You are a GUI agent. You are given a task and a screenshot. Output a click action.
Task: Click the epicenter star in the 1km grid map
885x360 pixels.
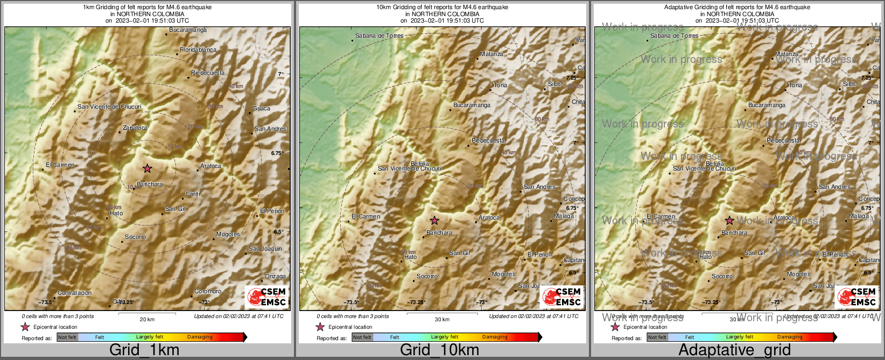pos(147,168)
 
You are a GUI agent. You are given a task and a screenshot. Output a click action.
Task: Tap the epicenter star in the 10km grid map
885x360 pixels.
pos(434,221)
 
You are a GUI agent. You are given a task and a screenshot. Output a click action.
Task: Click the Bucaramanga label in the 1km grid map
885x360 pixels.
pos(187,30)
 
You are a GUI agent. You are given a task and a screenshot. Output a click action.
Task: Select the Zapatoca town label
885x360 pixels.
pos(135,128)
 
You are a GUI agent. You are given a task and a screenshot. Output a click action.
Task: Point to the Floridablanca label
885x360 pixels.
pos(198,50)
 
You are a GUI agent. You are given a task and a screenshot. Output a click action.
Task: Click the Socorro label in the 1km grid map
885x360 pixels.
pos(135,237)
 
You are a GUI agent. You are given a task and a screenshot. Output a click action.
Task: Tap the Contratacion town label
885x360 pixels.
pos(74,293)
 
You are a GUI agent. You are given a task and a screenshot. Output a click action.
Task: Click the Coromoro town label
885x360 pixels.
pos(208,291)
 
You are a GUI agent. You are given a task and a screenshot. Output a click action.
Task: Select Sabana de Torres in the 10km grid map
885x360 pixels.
pos(379,36)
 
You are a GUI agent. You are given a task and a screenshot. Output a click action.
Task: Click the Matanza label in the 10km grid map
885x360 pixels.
pos(491,54)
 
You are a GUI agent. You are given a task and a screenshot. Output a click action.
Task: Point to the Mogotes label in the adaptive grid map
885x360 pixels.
pos(798,274)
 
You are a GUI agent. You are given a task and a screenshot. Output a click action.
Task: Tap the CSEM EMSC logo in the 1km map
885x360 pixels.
pos(266,297)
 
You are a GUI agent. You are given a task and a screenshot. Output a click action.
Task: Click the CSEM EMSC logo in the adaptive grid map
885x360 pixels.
pos(856,297)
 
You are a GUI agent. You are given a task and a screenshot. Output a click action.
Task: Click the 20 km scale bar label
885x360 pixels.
pos(147,319)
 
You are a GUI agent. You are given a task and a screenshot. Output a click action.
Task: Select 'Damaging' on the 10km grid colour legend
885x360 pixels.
pos(495,337)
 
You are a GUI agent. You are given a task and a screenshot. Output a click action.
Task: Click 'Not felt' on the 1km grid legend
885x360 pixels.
pos(67,337)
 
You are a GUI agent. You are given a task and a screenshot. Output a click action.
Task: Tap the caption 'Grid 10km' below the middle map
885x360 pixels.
pos(439,350)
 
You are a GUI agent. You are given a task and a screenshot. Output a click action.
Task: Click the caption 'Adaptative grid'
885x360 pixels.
pos(734,350)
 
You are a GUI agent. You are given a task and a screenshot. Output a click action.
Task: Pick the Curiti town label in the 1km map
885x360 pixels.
pos(192,194)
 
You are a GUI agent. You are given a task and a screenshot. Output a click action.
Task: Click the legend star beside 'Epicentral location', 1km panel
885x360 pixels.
pos(25,327)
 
